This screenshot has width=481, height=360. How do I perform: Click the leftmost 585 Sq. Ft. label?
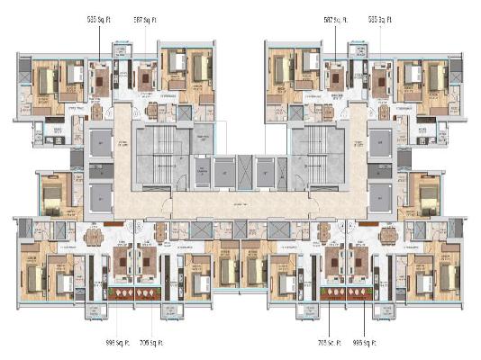click(99, 17)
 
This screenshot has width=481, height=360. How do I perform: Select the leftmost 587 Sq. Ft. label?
click(144, 17)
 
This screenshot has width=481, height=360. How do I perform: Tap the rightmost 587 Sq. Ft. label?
click(336, 17)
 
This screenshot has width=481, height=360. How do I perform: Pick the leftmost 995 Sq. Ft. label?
click(118, 342)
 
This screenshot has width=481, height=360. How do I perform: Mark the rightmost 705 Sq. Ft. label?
click(332, 342)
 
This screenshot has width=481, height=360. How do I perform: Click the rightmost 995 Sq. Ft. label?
click(367, 342)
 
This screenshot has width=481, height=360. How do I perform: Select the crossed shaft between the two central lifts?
click(240, 171)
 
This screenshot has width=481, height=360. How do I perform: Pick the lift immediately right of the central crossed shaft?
click(262, 171)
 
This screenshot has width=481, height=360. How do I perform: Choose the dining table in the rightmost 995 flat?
click(388, 238)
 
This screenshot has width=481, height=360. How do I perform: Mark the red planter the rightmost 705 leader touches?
click(335, 292)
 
